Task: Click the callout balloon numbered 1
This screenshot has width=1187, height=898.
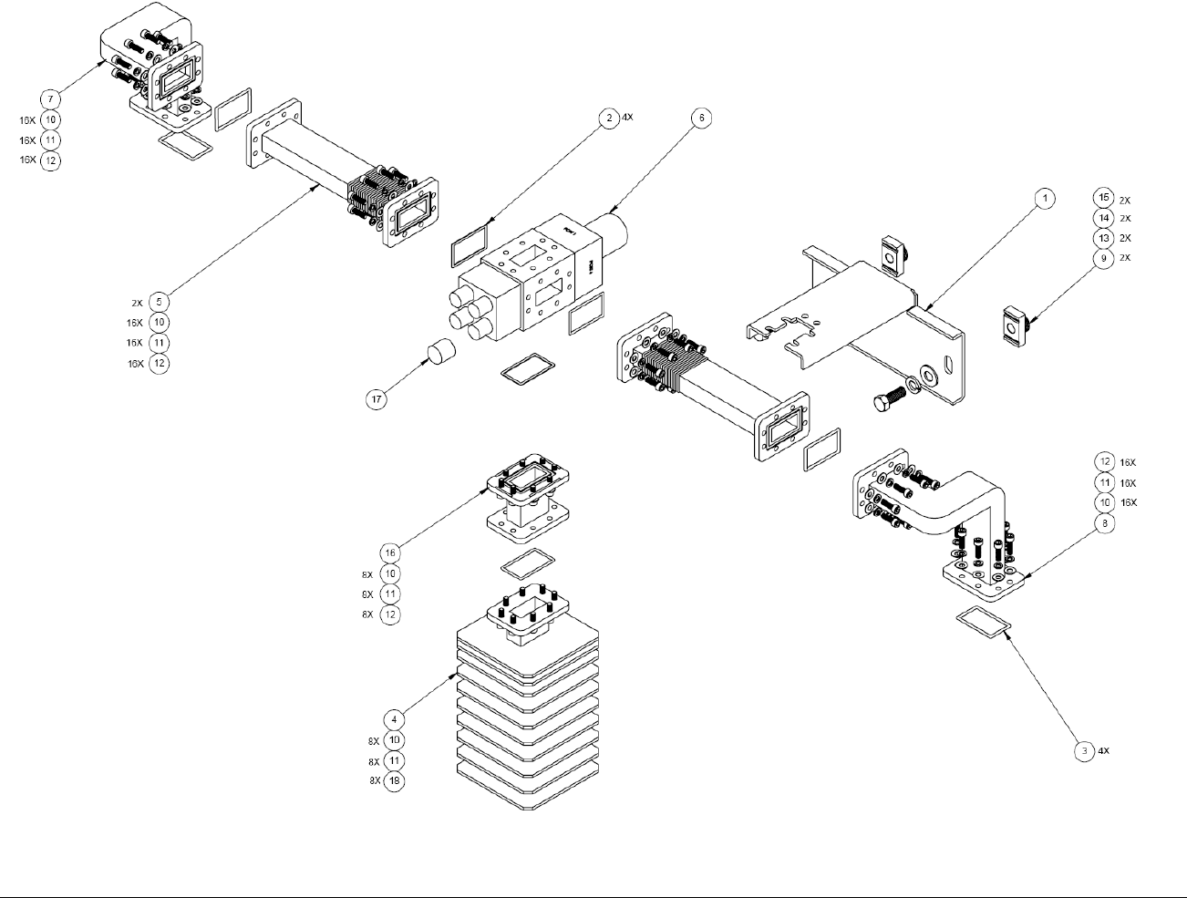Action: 1045,198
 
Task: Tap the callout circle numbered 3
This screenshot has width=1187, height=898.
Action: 1084,751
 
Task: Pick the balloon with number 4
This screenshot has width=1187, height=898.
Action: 394,719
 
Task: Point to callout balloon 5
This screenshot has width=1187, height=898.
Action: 160,302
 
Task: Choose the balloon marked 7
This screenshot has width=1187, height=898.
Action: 50,98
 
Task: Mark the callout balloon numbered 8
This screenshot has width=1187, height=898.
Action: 1104,523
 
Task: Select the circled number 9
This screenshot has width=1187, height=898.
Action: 1103,258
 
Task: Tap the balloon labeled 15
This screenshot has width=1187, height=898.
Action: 1103,198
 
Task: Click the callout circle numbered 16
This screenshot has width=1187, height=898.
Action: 390,553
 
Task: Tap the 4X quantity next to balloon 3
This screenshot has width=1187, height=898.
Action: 1103,751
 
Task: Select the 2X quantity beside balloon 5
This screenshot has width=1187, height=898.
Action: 137,302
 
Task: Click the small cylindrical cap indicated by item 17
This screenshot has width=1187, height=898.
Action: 440,351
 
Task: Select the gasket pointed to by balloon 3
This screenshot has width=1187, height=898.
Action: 983,622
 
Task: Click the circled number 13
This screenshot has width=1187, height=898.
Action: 1103,238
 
